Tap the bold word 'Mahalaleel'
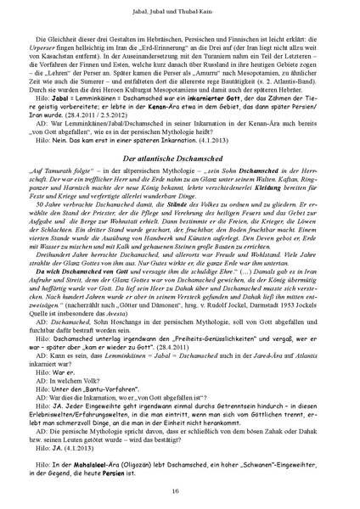(93, 464)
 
